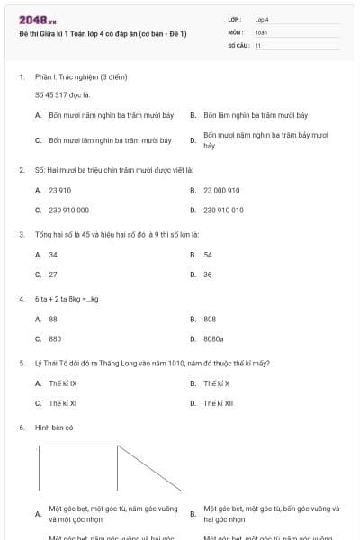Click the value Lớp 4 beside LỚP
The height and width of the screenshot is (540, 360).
262,19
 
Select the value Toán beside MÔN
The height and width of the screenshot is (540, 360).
261,31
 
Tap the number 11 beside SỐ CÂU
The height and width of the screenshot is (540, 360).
258,44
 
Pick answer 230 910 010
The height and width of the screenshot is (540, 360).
223,210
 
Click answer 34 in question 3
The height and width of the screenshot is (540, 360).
53,255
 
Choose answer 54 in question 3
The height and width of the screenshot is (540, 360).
208,255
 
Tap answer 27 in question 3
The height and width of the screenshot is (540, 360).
53,274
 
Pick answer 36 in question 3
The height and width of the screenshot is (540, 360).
208,274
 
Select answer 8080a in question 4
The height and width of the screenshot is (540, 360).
213,339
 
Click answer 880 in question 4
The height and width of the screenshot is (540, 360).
55,339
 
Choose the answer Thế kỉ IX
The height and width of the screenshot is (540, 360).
62,383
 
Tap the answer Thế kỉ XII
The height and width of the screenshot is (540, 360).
218,403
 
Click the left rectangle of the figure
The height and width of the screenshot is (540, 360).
78,468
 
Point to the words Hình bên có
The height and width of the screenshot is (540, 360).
54,427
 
